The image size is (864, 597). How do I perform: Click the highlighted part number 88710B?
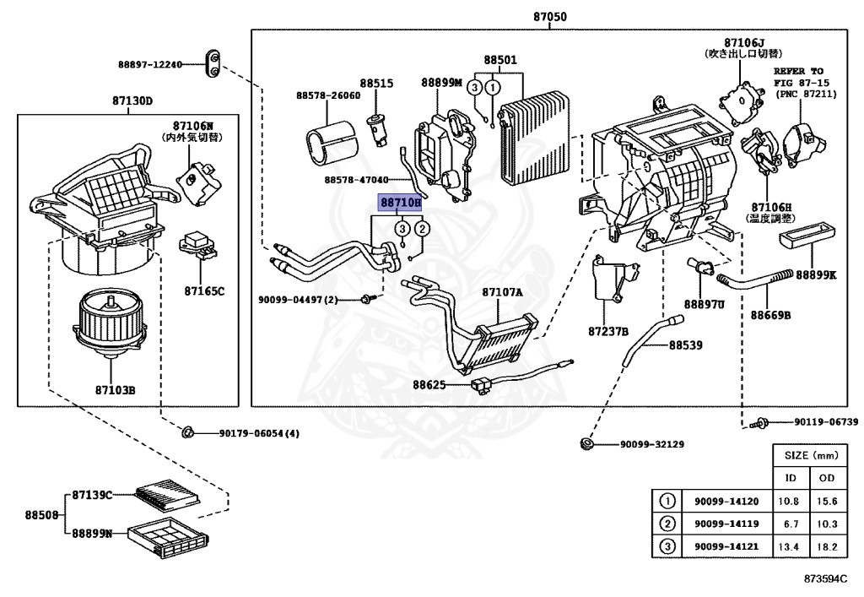pos(400,203)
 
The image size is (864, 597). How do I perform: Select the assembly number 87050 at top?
pos(550,17)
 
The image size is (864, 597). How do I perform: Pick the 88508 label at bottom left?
pos(40,513)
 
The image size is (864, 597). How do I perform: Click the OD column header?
pos(826,477)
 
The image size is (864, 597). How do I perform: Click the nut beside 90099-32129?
pos(587,444)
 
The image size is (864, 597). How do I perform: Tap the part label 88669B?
pos(770,315)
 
